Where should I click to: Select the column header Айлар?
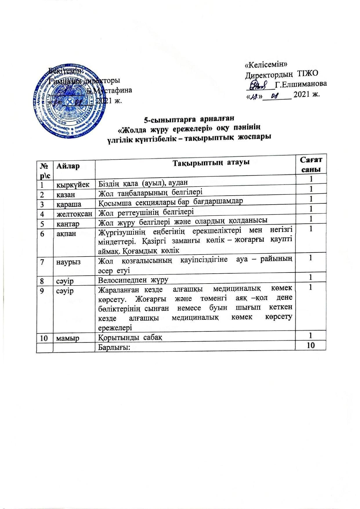(x=68, y=166)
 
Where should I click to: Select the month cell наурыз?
(x=66, y=262)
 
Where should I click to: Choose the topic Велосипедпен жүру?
(x=134, y=280)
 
